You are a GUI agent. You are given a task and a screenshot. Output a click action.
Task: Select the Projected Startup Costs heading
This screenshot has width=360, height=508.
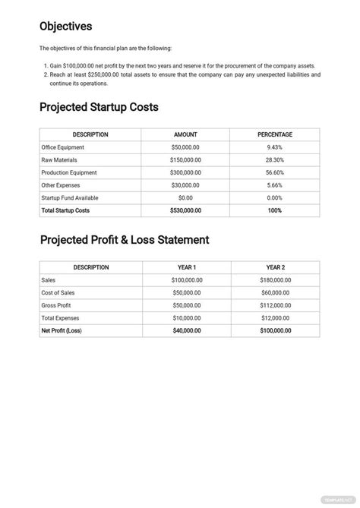point(99,107)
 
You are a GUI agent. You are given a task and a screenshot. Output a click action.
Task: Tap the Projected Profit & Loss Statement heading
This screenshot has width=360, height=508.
point(124,240)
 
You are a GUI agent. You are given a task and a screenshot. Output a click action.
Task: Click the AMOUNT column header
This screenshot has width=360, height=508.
point(186,134)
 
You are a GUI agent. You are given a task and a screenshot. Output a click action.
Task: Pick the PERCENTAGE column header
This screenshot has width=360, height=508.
point(275,134)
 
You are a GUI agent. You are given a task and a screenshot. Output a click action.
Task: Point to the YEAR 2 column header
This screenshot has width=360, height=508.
point(275,267)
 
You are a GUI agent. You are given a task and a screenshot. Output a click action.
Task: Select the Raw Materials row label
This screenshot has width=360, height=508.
point(62,160)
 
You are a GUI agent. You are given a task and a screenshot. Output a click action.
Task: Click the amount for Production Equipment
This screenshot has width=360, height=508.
point(186,172)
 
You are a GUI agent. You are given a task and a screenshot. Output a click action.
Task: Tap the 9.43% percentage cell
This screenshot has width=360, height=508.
point(275,147)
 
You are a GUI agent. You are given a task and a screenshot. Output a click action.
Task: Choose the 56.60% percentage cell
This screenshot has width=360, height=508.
point(275,172)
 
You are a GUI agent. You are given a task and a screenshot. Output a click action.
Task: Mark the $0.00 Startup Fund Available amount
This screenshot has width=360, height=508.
point(186,197)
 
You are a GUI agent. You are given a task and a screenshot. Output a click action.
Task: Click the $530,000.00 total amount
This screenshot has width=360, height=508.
point(186,210)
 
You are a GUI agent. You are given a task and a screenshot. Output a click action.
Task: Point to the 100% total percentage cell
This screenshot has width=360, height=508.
point(275,210)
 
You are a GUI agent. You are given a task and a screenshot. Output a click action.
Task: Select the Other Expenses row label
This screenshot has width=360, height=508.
point(62,185)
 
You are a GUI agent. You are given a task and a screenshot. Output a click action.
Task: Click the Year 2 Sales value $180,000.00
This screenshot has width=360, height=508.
point(275,280)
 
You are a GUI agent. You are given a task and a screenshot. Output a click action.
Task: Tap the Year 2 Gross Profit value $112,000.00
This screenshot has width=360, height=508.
point(275,305)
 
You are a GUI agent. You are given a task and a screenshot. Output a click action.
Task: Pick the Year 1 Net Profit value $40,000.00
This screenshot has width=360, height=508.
point(186,330)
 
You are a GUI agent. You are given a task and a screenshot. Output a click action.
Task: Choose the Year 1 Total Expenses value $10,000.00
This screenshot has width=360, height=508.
point(186,318)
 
